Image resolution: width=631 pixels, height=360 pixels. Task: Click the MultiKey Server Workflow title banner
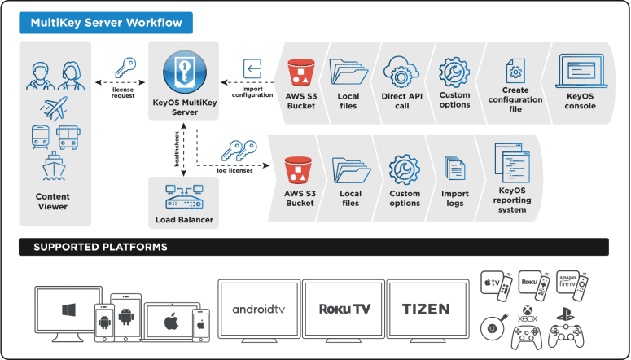106,23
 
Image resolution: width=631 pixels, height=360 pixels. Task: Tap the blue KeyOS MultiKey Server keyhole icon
185,72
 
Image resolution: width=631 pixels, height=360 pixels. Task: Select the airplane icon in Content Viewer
55,108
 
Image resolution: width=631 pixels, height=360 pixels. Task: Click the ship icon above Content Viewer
54,165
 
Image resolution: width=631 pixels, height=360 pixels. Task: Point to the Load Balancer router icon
184,197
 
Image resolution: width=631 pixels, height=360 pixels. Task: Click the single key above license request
125,68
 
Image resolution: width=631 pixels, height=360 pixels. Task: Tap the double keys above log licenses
239,151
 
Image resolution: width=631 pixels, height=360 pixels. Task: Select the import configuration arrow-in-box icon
252,69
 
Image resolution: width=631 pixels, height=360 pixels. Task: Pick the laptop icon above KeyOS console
581,72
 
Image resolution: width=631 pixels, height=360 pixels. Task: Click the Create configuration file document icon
515,71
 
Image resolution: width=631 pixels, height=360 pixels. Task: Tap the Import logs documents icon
455,169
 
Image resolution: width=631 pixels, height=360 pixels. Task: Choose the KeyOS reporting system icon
512,163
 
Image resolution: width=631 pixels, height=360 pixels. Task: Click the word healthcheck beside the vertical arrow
177,148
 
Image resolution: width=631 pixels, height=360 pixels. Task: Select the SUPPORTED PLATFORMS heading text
101,247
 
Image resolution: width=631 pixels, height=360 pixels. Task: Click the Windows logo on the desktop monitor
68,310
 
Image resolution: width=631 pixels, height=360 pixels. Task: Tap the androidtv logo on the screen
259,310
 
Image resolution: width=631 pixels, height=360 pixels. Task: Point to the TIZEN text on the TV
426,310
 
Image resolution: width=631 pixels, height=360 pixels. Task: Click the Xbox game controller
526,337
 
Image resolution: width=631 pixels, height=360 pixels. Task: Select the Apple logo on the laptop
172,322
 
